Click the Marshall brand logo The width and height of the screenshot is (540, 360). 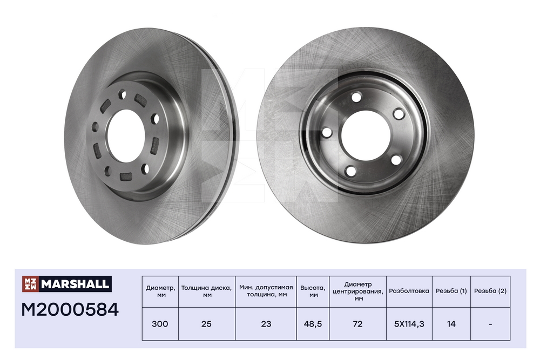point(66,283)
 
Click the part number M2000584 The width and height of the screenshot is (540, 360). point(70,310)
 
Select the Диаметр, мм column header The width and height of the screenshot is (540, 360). point(160,291)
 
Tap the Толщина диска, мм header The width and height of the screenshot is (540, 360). point(206,291)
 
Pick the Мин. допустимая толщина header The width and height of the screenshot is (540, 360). point(266,291)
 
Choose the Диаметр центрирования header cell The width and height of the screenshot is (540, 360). point(357,291)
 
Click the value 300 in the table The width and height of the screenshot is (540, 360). point(160,324)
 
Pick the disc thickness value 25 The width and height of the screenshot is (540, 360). point(206,324)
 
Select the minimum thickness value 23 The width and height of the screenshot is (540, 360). point(266,324)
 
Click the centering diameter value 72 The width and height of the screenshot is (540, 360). point(357,324)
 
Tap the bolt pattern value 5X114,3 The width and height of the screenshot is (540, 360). point(409,324)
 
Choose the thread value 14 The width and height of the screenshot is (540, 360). point(451,324)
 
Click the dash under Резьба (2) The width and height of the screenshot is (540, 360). point(490,324)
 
